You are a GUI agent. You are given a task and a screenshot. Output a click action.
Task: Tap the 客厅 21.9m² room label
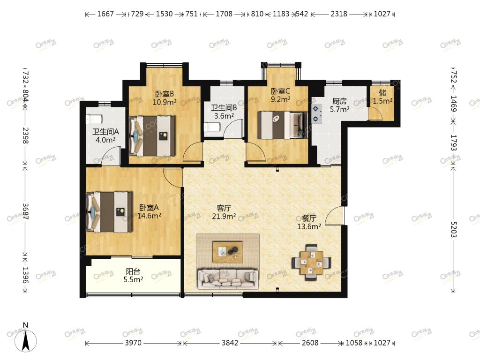224,212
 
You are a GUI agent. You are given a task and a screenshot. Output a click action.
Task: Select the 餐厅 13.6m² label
309,222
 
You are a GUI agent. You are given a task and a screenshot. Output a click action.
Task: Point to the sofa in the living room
228,279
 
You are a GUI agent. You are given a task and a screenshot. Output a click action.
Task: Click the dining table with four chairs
311,262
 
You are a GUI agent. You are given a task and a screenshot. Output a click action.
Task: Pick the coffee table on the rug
227,252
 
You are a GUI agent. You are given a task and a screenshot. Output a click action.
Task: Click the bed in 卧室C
283,125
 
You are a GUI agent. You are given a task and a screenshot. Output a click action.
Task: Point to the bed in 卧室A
110,212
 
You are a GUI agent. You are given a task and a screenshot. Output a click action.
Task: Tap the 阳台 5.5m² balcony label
133,275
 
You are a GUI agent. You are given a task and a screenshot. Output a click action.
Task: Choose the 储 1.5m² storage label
382,97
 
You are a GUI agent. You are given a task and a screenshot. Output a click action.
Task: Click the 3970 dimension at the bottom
133,343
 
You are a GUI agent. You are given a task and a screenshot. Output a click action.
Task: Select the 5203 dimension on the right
454,229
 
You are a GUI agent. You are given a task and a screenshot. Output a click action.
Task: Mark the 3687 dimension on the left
25,211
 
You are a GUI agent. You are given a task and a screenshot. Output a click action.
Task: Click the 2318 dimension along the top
339,14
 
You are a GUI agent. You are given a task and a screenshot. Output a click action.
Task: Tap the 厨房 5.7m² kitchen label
339,105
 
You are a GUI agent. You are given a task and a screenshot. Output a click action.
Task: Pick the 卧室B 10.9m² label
165,98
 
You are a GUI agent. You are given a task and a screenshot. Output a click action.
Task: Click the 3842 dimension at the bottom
230,343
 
